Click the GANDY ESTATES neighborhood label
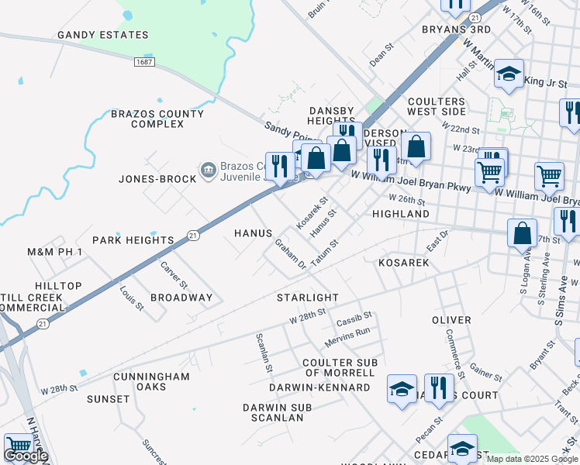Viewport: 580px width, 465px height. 102,35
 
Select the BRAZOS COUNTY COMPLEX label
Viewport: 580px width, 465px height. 157,119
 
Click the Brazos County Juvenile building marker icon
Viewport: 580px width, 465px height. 207,169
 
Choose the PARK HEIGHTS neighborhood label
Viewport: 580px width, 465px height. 133,240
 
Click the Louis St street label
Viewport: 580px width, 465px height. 132,298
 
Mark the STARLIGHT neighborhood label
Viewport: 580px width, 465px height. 308,298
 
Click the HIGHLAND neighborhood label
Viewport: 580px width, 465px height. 401,214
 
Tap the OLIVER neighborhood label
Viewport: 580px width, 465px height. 451,320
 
